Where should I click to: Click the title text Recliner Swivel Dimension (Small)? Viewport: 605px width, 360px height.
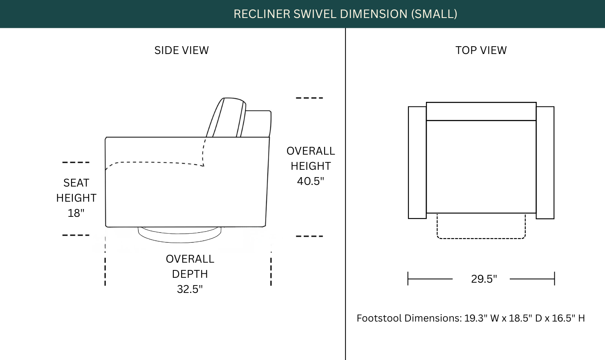point(345,14)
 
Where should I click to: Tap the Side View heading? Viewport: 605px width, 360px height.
point(181,50)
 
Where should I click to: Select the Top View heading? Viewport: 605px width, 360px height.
point(481,50)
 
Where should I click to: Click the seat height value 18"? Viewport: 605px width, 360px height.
point(76,213)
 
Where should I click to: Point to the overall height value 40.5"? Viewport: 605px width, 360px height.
point(311,181)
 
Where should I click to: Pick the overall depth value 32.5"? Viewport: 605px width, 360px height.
point(190,289)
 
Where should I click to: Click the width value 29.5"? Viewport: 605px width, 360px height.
point(484,279)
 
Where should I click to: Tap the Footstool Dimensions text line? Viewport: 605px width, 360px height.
point(471,318)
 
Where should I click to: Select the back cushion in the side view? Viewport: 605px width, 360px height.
point(226,117)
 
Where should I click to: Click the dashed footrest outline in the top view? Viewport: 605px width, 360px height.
point(481,239)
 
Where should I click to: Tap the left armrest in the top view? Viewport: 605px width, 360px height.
point(417,162)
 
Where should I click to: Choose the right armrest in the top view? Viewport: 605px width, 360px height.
point(545,162)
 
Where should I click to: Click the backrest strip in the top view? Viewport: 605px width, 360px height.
point(481,111)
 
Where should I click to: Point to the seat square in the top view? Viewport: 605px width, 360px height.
point(481,167)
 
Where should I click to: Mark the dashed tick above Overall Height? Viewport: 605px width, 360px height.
point(309,98)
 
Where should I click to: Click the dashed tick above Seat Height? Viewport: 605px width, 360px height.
point(76,162)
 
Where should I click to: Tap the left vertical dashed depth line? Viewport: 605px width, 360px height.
point(105,261)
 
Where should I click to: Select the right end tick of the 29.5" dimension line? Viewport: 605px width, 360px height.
point(554,279)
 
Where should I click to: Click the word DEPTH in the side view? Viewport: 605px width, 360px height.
point(190,274)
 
